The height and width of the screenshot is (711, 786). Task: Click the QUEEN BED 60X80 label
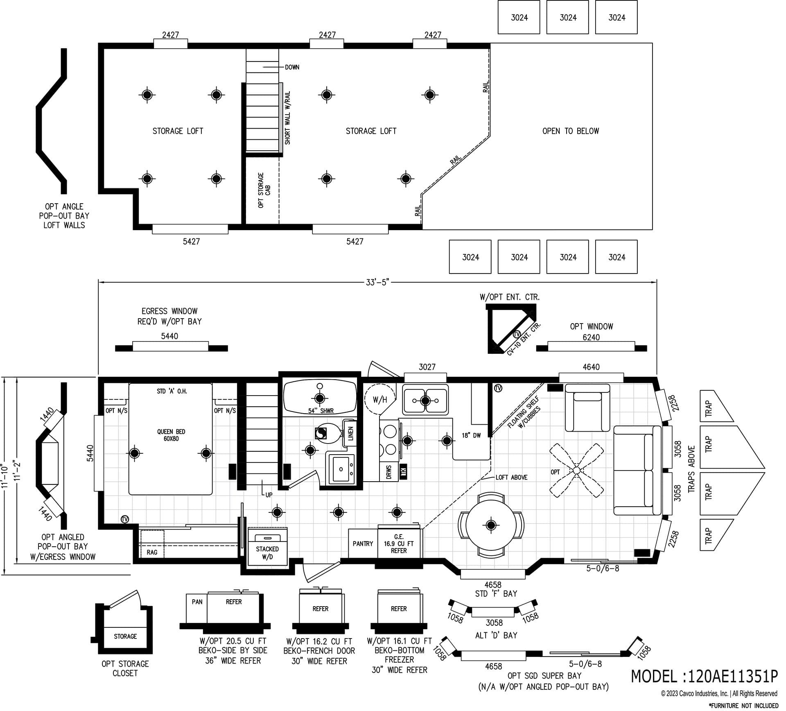171,435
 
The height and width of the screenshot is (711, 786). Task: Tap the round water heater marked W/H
379,399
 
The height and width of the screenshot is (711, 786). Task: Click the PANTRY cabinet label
363,543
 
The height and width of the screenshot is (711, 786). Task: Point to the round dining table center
490,524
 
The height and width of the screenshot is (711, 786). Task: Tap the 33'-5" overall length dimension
377,282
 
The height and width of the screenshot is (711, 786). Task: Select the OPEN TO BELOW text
570,131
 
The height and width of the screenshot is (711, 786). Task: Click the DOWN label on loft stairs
292,67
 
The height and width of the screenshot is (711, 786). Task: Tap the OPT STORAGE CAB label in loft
264,190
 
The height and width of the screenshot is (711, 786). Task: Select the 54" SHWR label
321,411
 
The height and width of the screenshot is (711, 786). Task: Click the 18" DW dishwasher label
471,435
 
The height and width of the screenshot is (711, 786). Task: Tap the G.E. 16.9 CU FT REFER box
399,543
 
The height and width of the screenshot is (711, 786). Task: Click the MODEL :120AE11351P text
704,676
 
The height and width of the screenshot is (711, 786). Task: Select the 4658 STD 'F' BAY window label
493,589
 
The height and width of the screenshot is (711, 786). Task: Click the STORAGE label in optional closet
125,636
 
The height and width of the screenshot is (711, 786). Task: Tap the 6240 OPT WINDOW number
591,337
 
